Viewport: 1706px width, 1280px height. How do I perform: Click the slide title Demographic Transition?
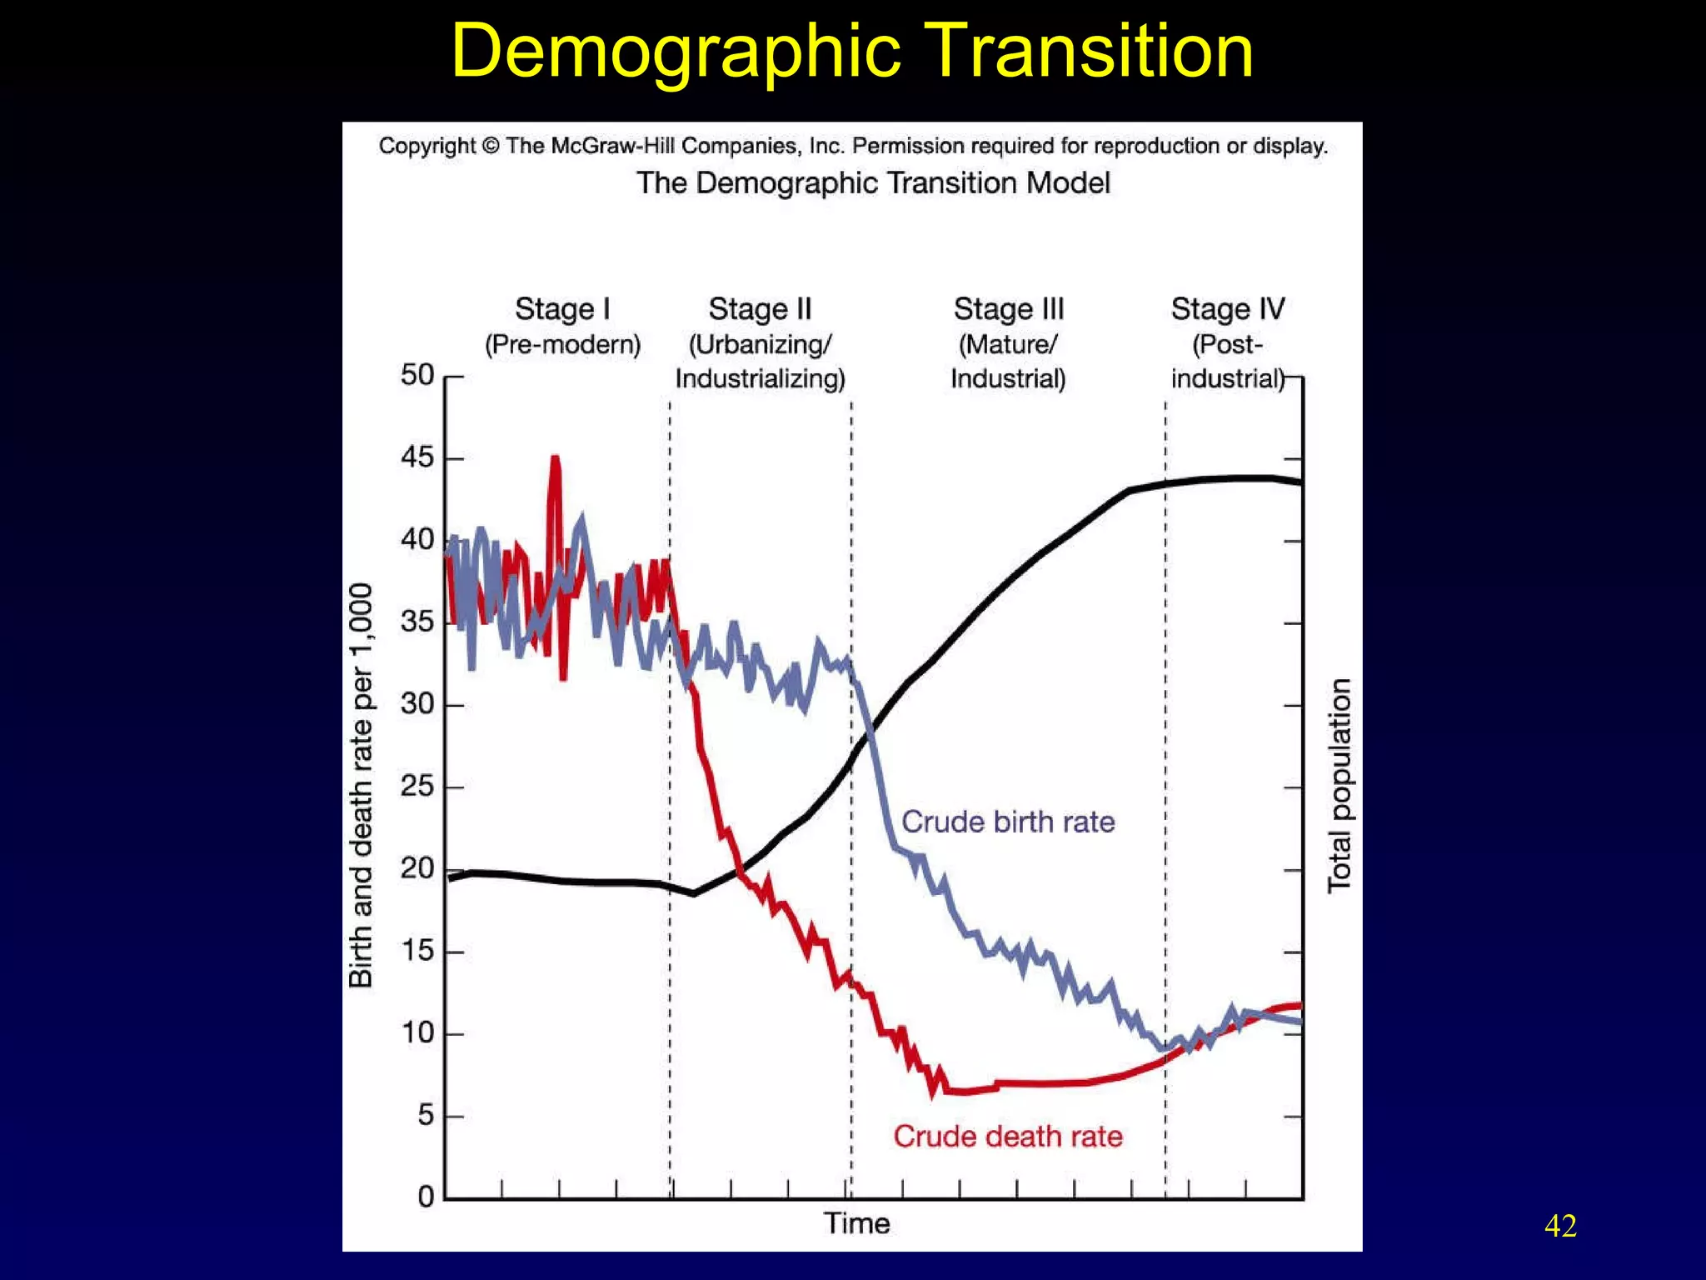[851, 52]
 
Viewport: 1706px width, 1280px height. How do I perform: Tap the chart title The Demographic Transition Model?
[873, 183]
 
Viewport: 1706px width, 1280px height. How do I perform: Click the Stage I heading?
[562, 309]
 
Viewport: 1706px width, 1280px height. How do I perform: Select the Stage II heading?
[760, 309]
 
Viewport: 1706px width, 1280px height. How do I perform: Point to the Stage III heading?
[1008, 309]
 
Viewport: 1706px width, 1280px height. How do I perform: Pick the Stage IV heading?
[1227, 309]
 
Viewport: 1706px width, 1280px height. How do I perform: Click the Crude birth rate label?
[1008, 822]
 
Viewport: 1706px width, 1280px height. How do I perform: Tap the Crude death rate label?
[1008, 1137]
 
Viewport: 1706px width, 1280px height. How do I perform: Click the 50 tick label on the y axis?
[417, 375]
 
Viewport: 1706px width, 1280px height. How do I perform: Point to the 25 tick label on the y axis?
[417, 786]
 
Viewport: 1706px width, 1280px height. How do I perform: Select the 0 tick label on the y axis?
[426, 1197]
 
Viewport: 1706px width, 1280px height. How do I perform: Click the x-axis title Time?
[856, 1223]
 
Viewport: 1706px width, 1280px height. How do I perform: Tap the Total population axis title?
[1339, 786]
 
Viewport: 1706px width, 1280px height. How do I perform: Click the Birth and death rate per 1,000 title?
[361, 786]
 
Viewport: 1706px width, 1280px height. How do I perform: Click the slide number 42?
[1559, 1226]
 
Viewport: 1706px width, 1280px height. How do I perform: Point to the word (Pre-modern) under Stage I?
[562, 344]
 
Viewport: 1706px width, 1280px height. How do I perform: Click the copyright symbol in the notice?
[491, 146]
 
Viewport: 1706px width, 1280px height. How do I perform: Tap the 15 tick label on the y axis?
[417, 951]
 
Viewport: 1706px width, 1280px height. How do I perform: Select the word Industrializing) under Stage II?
[760, 379]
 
